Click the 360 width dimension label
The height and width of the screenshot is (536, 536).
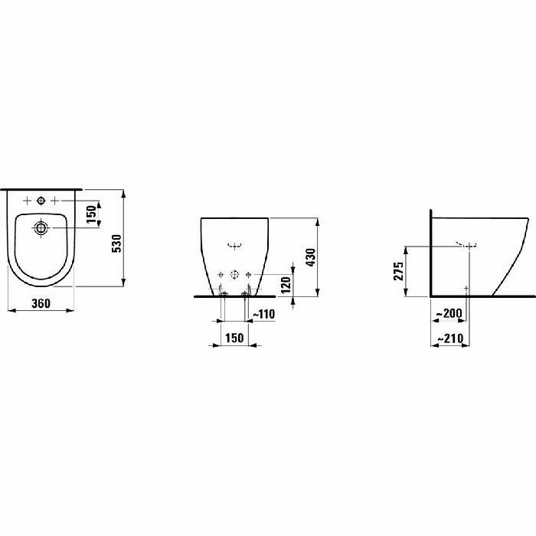coord(41,303)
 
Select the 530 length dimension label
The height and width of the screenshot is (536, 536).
coord(117,243)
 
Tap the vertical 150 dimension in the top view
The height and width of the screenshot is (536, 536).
coord(92,214)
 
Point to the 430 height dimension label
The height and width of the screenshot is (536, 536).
coord(311,257)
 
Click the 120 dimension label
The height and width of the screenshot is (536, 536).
coord(286,285)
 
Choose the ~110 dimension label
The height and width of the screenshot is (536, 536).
coord(263,314)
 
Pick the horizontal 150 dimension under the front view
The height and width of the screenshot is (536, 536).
coord(234,338)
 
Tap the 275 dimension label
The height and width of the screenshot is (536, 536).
coord(399,271)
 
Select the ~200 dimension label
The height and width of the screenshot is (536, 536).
coord(449,313)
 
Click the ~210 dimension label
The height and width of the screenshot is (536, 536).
coord(450,338)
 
